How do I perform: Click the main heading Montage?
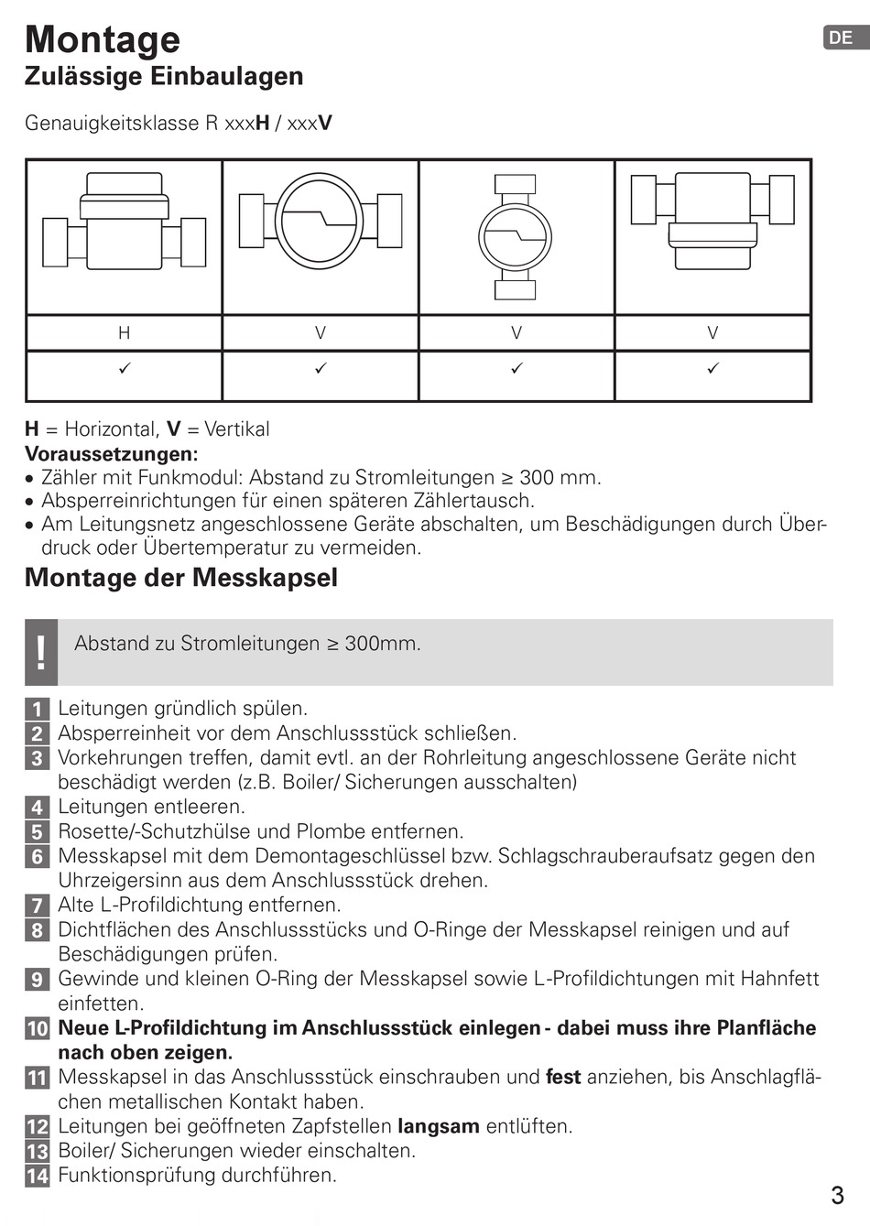pos(103,39)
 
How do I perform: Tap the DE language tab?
pos(841,38)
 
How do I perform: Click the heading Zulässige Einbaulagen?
pos(164,76)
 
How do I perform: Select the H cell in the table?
pos(125,333)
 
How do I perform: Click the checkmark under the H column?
pos(125,368)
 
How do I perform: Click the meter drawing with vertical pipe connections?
pos(516,237)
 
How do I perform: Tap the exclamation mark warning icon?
pos(41,652)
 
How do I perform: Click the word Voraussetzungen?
pos(111,453)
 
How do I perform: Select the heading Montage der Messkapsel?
pos(181,578)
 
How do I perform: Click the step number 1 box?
pos(37,709)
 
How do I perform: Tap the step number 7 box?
pos(37,906)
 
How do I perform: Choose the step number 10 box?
pos(37,1028)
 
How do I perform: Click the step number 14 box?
pos(37,1176)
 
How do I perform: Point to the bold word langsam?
pos(438,1126)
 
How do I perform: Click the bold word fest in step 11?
pos(563,1077)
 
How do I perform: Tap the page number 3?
pos(837,1195)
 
